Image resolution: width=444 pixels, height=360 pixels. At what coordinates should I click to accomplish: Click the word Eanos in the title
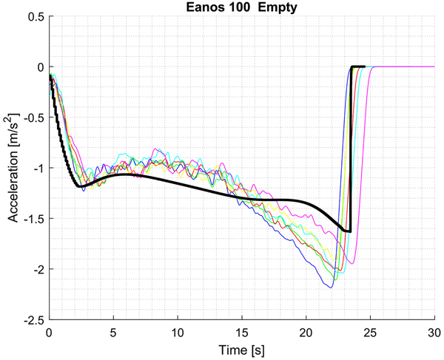[201, 7]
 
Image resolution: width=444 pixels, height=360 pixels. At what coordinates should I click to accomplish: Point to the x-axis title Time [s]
[241, 348]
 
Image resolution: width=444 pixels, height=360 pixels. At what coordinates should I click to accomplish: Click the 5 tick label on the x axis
[113, 332]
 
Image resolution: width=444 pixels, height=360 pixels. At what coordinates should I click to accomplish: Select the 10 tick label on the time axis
[178, 332]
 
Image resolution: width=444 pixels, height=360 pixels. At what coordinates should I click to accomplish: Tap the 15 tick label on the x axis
[241, 332]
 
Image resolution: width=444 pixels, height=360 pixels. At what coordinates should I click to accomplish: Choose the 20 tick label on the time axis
[306, 332]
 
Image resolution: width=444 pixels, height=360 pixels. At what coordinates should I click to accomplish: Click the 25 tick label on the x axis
[370, 332]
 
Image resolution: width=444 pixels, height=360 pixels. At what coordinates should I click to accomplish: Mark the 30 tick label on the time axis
[434, 332]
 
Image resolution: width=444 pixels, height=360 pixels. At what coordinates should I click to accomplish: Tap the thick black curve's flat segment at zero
[358, 67]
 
